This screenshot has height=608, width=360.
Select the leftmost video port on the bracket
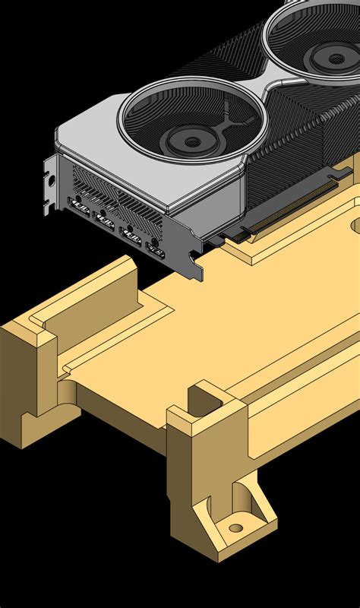[79, 205]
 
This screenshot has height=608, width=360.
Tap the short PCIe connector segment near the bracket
[229, 238]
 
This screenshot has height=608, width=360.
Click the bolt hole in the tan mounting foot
[236, 527]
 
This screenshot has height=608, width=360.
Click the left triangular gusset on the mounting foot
[207, 516]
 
